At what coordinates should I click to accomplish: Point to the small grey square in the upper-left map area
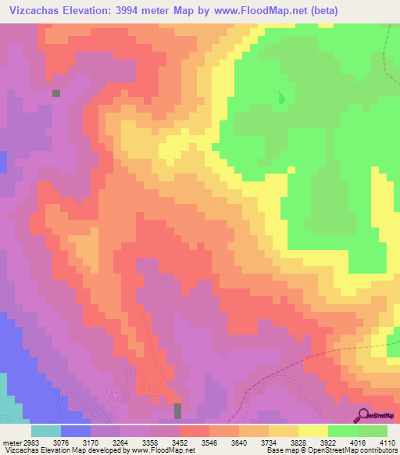56,93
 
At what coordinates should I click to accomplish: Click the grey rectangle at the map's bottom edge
177,410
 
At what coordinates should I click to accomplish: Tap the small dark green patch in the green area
280,99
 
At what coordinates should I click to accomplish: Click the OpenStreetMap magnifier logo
364,415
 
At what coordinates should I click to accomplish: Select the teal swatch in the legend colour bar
46,431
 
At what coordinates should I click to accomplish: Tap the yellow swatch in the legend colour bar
313,431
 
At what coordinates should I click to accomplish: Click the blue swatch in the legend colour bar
76,431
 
